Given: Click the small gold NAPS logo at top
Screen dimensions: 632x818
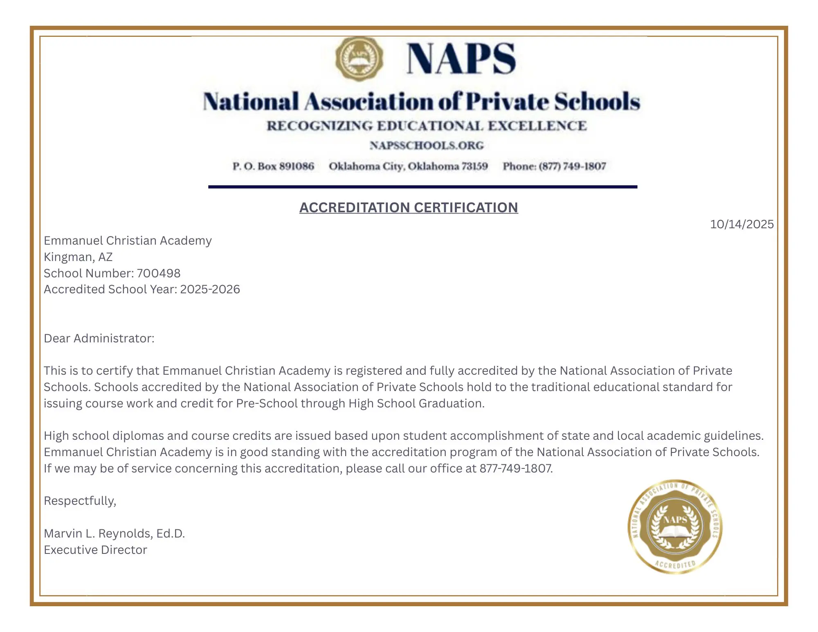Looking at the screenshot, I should click(359, 58).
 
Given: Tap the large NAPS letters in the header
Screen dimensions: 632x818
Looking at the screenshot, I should click(461, 59).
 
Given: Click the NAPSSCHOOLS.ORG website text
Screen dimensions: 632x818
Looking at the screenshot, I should click(427, 146).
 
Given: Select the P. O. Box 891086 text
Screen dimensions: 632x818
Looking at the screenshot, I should click(273, 166).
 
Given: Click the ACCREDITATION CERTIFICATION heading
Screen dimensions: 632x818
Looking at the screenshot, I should click(409, 207).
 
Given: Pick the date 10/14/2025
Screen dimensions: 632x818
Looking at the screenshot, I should click(742, 224).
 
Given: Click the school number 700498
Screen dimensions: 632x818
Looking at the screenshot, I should click(158, 273).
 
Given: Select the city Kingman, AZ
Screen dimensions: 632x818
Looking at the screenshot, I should click(78, 257).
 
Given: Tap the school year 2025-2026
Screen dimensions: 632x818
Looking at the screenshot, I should click(210, 289).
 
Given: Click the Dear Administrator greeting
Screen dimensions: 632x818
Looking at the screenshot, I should click(99, 338).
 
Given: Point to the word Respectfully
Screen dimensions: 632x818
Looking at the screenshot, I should click(80, 501).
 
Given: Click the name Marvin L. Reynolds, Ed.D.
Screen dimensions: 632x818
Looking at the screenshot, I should click(115, 533).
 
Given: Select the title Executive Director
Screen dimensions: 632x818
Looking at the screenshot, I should click(95, 550).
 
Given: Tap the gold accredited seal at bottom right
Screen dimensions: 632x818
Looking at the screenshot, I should click(675, 526).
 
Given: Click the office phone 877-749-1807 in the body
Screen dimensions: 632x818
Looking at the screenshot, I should click(515, 468).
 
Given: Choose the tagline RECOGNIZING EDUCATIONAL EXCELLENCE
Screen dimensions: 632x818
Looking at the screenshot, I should click(427, 126).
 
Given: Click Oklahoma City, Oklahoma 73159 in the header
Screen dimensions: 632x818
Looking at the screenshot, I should click(408, 166).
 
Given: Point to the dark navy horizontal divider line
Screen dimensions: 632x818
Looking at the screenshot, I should click(422, 187).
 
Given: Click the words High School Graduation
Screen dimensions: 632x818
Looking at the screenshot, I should click(416, 403).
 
